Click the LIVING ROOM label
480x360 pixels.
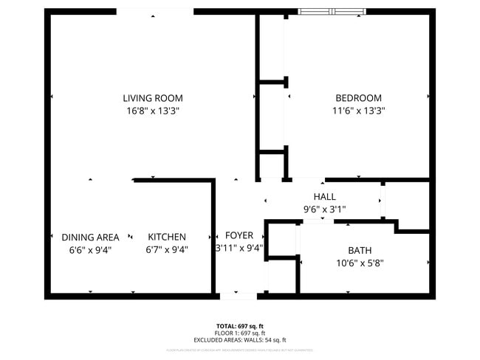[x=153, y=98]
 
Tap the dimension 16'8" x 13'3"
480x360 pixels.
[x=153, y=111]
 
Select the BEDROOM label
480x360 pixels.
[x=358, y=98]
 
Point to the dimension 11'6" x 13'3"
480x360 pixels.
[x=358, y=111]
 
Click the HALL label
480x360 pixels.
[x=324, y=197]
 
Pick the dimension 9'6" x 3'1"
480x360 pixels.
[x=324, y=210]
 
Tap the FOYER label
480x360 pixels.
[x=239, y=235]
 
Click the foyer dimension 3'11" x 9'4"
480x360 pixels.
[x=239, y=249]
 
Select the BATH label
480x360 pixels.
[x=360, y=249]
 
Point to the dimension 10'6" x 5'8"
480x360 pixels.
[x=360, y=262]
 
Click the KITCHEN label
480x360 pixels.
[x=167, y=237]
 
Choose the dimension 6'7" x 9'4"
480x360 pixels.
[x=167, y=249]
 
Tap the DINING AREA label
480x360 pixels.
[x=90, y=237]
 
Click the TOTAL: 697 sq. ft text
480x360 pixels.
[x=239, y=325]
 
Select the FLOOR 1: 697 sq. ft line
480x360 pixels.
[x=239, y=333]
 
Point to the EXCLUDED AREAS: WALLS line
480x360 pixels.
[x=239, y=341]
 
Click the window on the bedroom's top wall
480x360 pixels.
[x=332, y=11]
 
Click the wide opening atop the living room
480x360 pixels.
[x=155, y=11]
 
